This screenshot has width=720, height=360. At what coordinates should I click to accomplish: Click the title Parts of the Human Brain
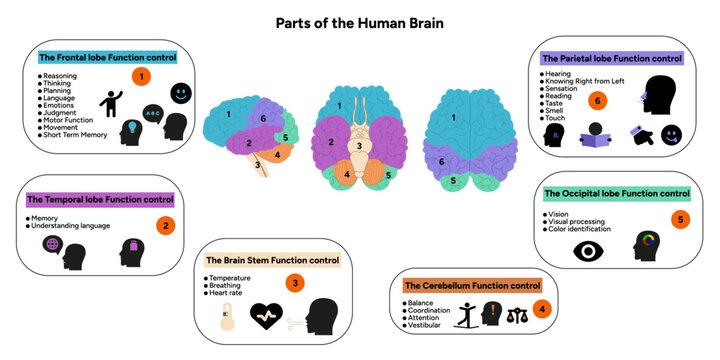pos(359,22)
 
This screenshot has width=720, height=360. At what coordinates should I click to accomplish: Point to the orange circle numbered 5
pos(680,219)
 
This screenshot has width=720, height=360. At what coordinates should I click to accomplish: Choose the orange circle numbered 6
pos(599,100)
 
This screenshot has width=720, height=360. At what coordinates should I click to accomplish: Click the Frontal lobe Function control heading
pos(106,57)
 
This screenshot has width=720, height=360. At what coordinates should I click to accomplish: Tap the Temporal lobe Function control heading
pos(101,200)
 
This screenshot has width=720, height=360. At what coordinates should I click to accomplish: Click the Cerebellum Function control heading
pos(471,286)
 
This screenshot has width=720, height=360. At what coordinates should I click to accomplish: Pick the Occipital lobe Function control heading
pos(616,193)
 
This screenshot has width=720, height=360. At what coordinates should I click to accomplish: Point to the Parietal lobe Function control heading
pos(611,58)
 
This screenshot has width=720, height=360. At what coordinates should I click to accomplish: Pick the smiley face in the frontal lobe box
pos(181,93)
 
